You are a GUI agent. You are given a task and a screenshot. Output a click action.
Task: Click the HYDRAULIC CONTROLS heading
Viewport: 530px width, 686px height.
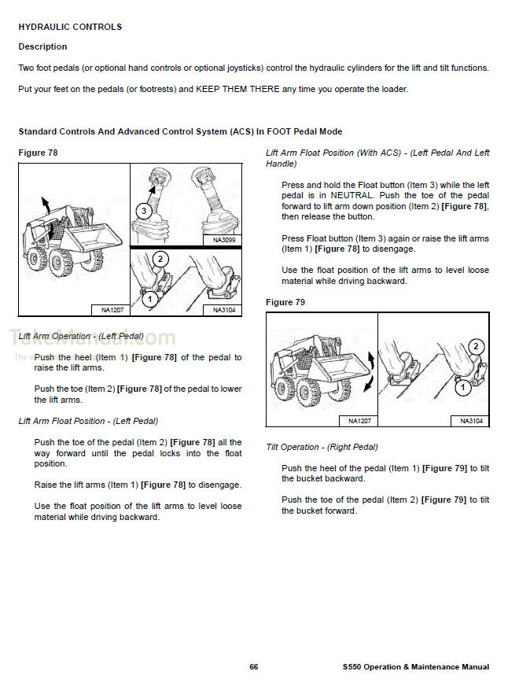tap(70, 27)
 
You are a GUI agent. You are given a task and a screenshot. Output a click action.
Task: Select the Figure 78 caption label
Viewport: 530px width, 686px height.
tap(38, 153)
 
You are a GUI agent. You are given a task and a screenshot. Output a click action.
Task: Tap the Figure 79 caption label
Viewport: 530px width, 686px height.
tap(285, 302)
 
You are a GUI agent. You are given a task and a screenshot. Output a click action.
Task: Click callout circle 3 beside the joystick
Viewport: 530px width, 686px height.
tap(143, 211)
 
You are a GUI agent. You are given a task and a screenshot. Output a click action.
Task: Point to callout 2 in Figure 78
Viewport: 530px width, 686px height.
tap(160, 259)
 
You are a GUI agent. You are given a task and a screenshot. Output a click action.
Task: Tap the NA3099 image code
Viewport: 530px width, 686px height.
tap(223, 240)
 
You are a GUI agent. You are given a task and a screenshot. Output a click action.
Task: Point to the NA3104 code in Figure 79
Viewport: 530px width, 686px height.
tap(471, 421)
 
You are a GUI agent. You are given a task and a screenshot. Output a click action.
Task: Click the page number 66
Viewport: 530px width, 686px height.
tap(254, 666)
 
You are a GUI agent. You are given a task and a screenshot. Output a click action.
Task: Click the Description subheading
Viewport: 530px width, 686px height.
tap(42, 47)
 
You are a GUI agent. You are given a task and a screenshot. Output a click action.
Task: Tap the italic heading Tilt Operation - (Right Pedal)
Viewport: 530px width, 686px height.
tap(322, 448)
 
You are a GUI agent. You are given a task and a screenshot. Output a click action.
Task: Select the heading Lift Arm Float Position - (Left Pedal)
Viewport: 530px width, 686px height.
tap(88, 421)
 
